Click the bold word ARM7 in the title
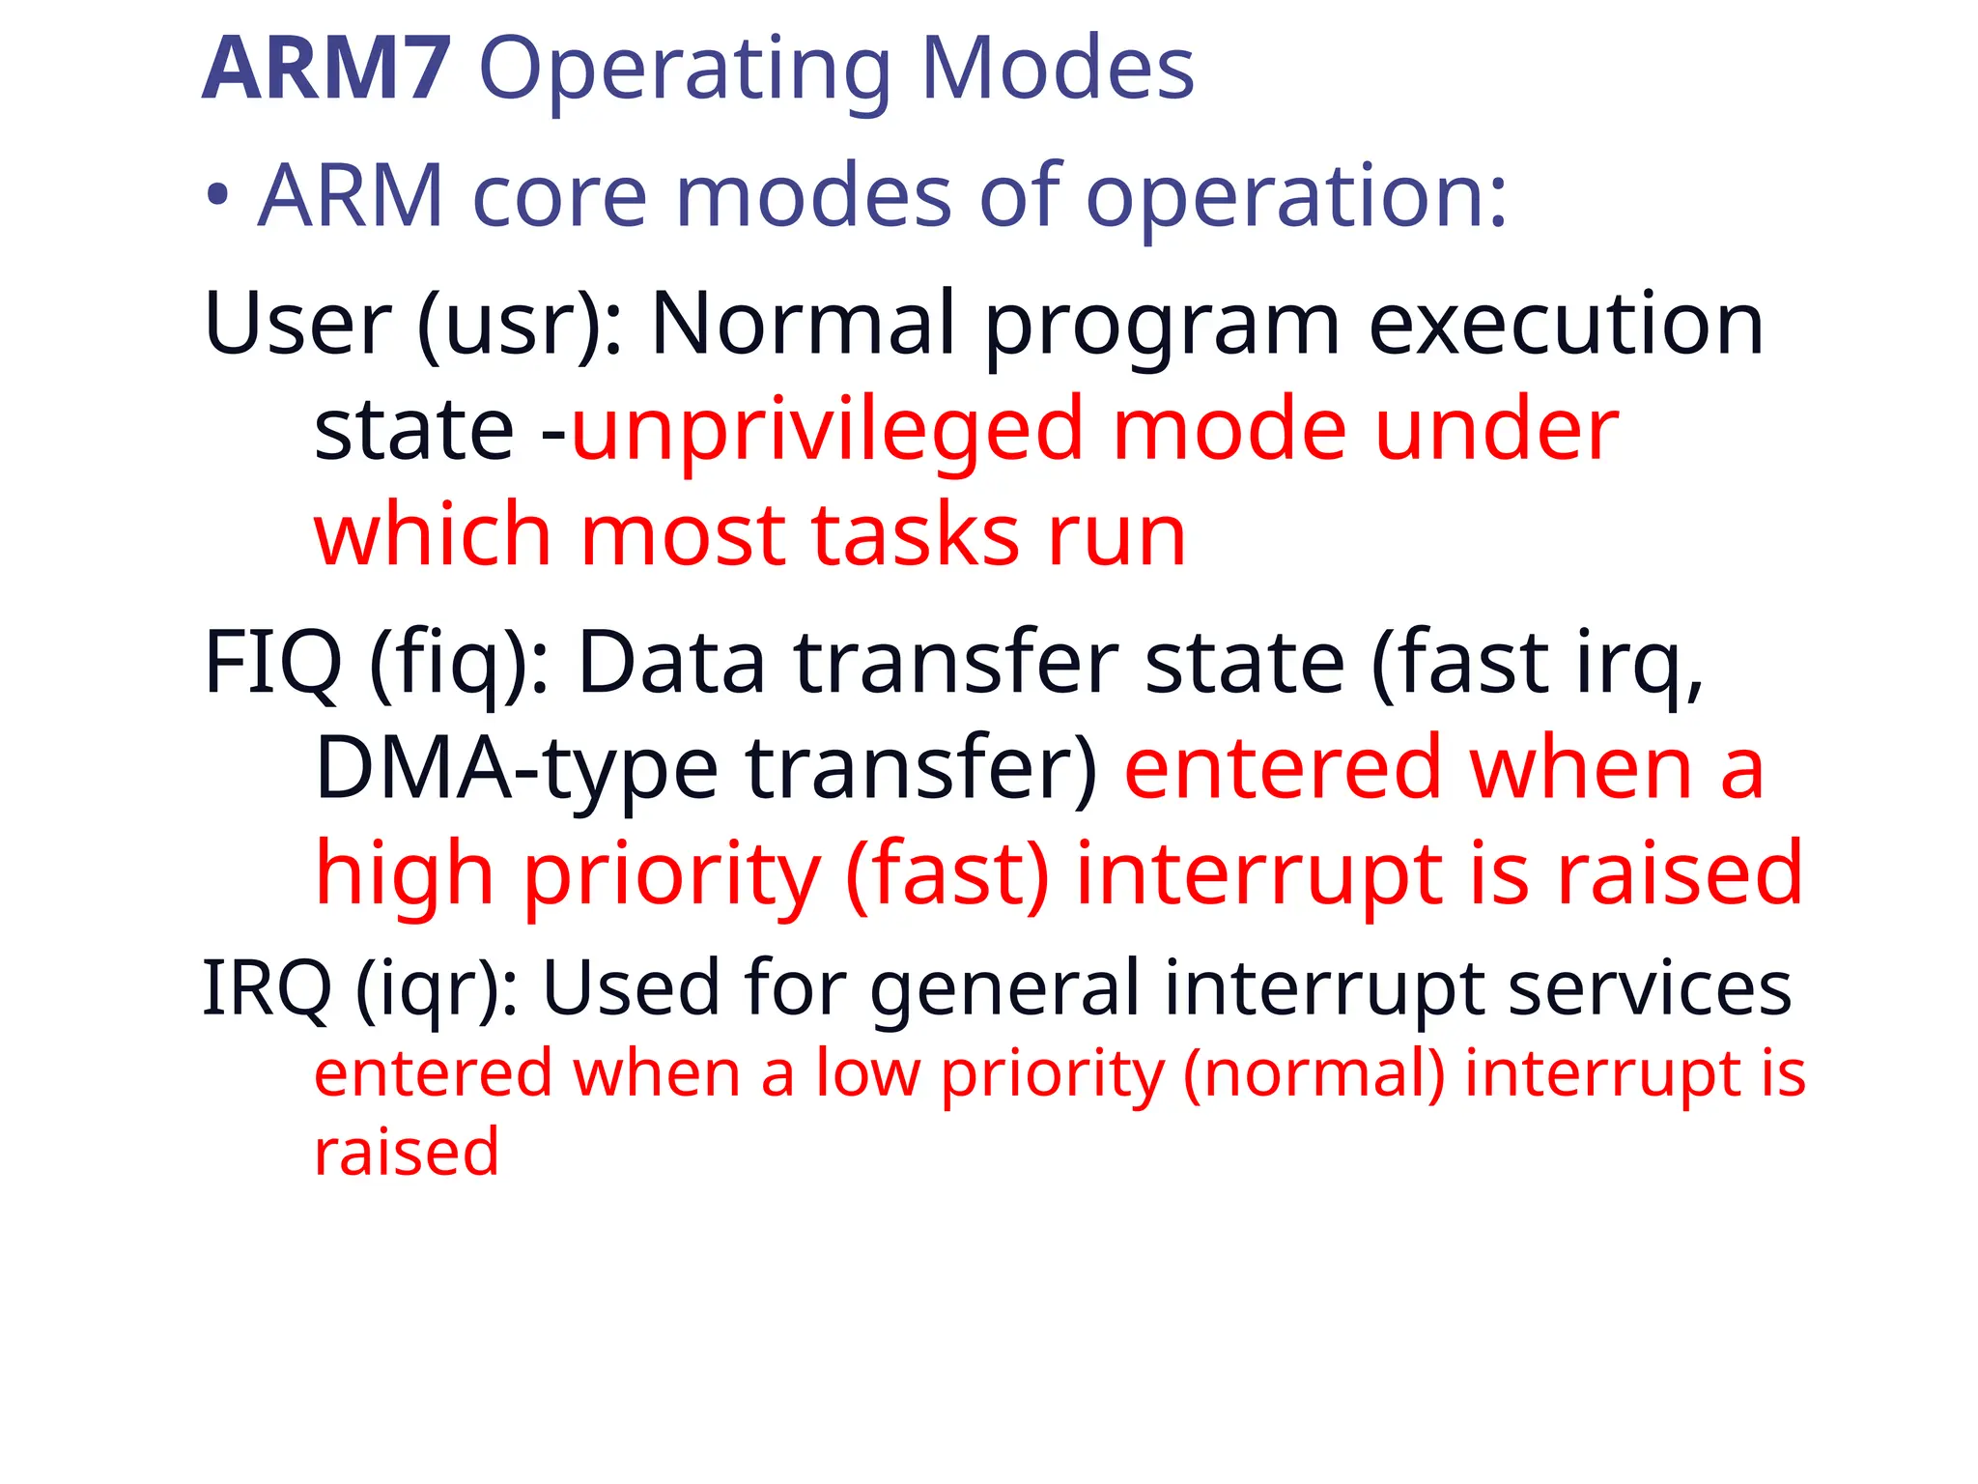325,69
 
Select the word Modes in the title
1058,69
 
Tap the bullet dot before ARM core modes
218,196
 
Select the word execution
1566,325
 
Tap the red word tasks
916,536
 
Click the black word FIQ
273,664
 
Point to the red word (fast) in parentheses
947,874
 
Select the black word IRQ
267,989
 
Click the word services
1650,988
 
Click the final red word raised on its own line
407,1152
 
